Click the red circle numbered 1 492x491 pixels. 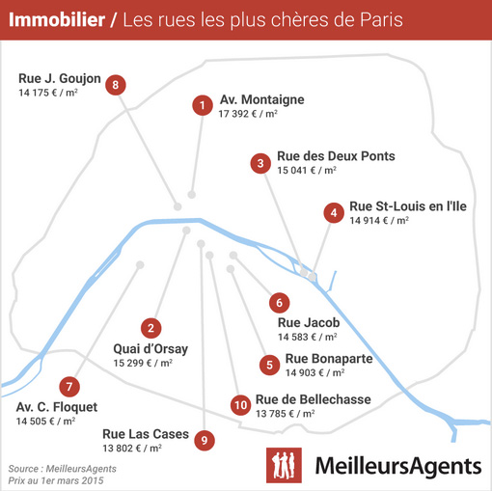coord(203,105)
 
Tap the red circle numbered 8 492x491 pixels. coord(116,85)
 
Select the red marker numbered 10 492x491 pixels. coord(241,405)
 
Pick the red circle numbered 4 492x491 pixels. coord(334,212)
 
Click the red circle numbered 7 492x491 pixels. coord(69,387)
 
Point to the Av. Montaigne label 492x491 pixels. coord(262,99)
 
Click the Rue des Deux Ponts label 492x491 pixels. coord(336,156)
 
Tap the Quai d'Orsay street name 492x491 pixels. coord(150,349)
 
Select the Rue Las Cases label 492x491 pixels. coord(146,434)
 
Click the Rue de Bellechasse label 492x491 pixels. coord(314,399)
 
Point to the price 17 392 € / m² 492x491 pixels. coord(248,114)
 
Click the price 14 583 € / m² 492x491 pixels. coord(308,337)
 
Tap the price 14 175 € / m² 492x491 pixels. coord(48,93)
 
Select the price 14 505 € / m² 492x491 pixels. coord(45,421)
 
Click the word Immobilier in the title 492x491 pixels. coord(57,19)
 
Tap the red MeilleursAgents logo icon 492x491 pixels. coord(284,465)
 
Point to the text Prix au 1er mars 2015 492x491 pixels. coord(56,480)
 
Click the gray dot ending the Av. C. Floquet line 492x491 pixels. coord(140,264)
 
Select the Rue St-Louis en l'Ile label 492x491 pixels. coord(408,206)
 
